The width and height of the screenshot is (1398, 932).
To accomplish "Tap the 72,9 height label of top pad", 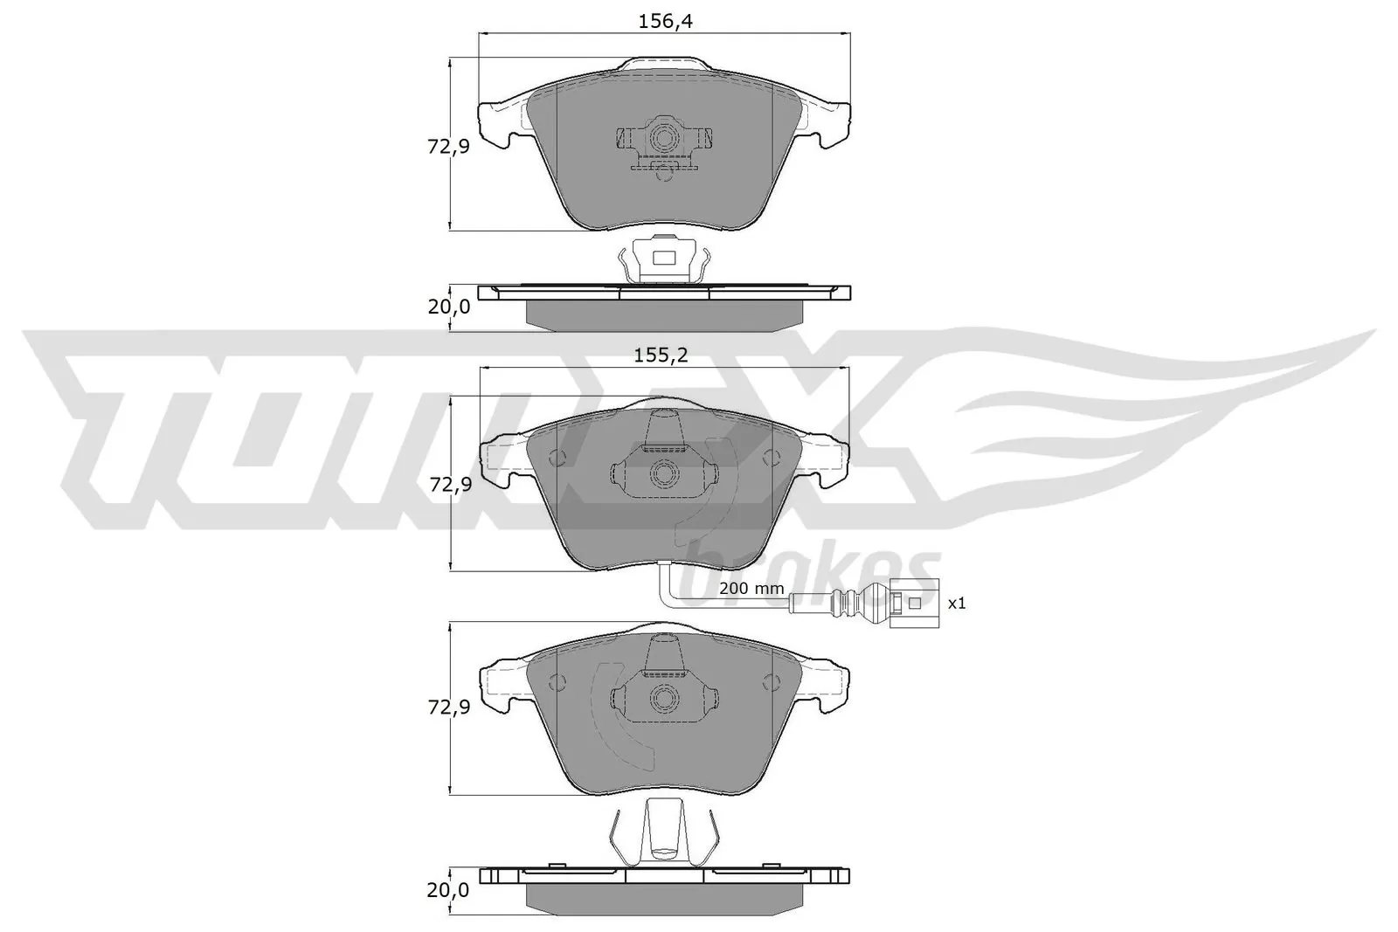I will point(448,147).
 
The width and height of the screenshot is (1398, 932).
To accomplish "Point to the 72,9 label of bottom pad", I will point(448,708).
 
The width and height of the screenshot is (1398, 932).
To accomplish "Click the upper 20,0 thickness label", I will point(448,307).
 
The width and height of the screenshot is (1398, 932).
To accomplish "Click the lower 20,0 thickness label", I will point(448,890).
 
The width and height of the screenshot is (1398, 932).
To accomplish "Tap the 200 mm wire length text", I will point(751,589).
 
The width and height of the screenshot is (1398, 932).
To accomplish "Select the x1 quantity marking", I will point(957,603).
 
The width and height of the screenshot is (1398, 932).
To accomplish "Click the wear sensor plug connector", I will point(909,603).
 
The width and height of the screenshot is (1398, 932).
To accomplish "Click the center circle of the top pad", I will point(664,138).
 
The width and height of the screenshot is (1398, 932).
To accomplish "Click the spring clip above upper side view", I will point(664,259).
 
